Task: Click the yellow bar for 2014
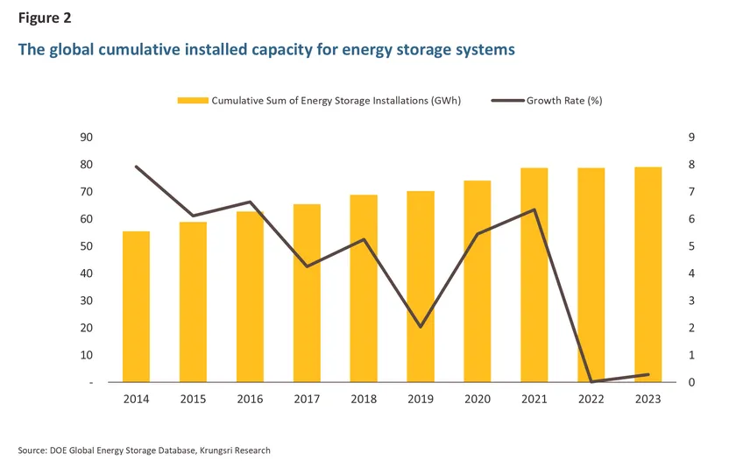tap(136, 307)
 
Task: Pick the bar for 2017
tap(307, 293)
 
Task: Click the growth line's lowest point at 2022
tap(591, 381)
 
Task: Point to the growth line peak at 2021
tap(534, 209)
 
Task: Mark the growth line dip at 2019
tap(421, 327)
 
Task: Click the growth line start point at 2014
tap(136, 167)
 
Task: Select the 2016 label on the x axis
tap(250, 399)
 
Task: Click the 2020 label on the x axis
tap(478, 399)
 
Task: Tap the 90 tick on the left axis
tap(87, 138)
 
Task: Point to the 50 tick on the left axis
tap(87, 246)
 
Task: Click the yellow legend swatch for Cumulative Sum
tap(192, 101)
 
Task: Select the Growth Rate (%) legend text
tap(563, 101)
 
